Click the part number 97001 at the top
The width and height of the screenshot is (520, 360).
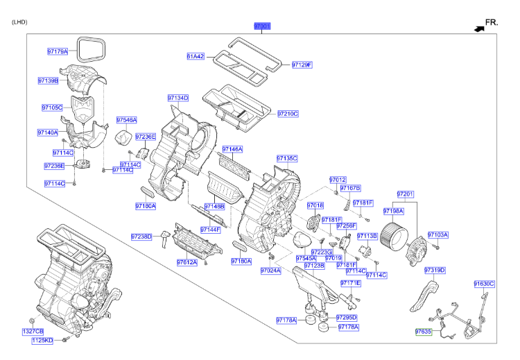(261, 26)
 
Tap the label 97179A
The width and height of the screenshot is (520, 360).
(58, 51)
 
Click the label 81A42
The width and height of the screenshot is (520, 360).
(196, 56)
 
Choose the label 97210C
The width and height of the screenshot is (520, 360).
(288, 113)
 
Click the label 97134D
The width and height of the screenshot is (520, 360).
(177, 98)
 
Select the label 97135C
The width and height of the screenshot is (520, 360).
(286, 158)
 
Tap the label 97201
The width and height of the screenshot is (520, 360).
(405, 194)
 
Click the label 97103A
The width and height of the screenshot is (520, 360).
(438, 234)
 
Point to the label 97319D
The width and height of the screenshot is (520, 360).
(435, 270)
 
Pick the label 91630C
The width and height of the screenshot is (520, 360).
(484, 284)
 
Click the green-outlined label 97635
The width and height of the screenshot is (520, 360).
(424, 332)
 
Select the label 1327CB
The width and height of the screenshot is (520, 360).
(33, 332)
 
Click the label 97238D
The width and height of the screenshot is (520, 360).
(141, 237)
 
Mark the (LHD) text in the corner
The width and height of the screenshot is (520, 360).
(19, 22)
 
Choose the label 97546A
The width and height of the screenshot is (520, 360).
(127, 119)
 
